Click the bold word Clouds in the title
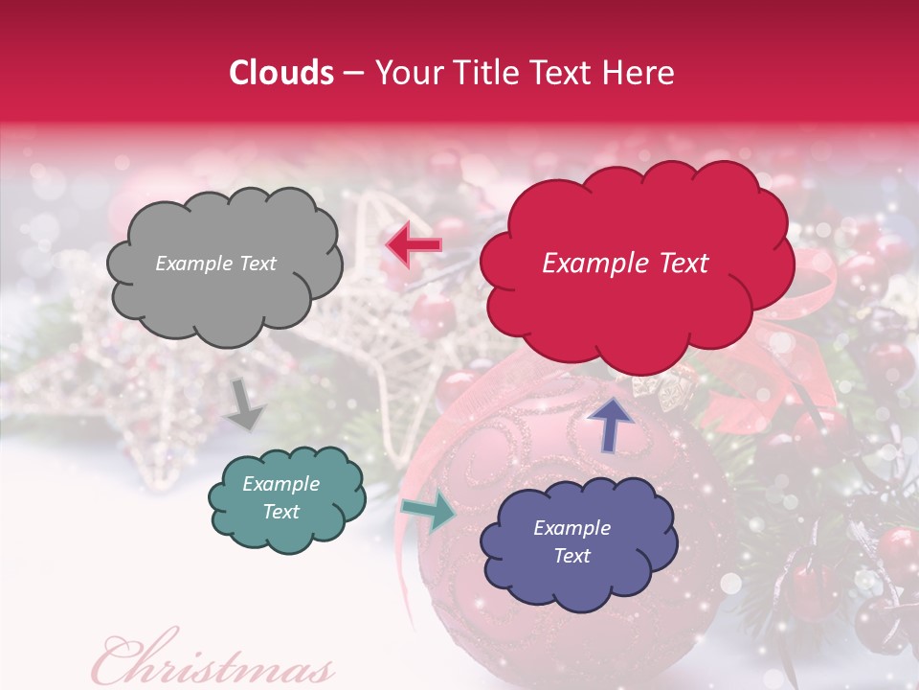[x=281, y=73]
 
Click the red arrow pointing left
[x=414, y=245]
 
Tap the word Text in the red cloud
[x=678, y=264]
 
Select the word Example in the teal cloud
[x=281, y=484]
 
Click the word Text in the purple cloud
[x=572, y=556]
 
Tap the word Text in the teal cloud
[x=281, y=512]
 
